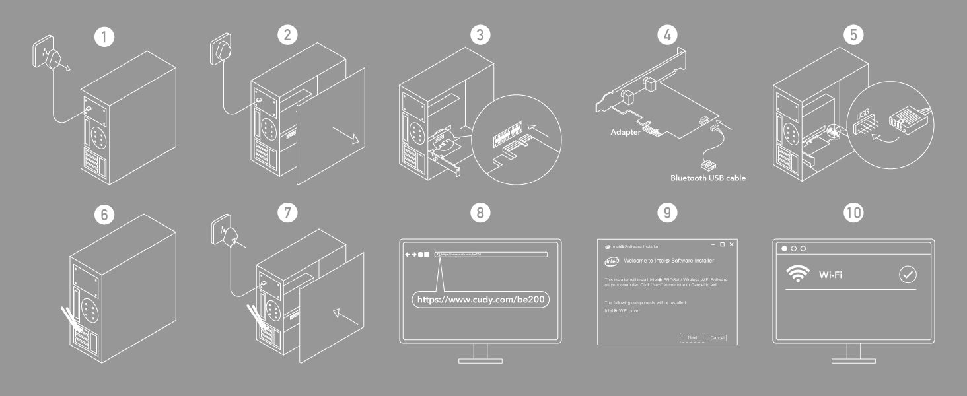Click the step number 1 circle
[x=103, y=36]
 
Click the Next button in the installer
[x=692, y=337]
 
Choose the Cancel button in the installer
[x=717, y=337]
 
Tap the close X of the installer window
[x=731, y=245]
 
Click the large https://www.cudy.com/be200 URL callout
[x=482, y=300]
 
